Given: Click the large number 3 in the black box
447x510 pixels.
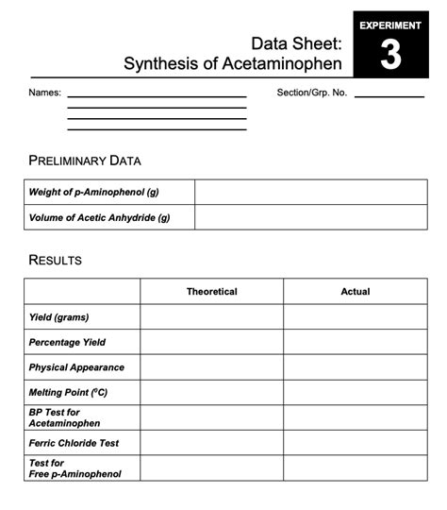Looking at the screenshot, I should pyautogui.click(x=389, y=56).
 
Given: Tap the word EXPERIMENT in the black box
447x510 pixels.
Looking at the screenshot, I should pyautogui.click(x=390, y=25).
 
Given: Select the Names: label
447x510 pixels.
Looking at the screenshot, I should pyautogui.click(x=44, y=93).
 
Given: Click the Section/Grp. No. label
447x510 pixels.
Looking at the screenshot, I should pyautogui.click(x=312, y=93).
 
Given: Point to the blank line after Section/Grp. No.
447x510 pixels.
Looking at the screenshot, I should pyautogui.click(x=389, y=95).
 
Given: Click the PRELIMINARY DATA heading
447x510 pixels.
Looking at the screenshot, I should pyautogui.click(x=85, y=161).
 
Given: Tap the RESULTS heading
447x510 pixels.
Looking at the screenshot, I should pyautogui.click(x=56, y=260).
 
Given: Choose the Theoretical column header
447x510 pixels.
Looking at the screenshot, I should pyautogui.click(x=212, y=292).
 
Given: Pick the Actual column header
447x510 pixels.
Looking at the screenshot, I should pyautogui.click(x=356, y=292).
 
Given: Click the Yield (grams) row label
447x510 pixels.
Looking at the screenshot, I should pyautogui.click(x=58, y=317).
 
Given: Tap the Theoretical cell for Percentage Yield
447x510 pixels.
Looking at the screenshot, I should pyautogui.click(x=212, y=342).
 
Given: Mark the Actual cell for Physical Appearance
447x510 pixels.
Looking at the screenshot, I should pyautogui.click(x=356, y=367).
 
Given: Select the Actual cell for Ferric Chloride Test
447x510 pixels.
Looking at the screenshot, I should pyautogui.click(x=356, y=443).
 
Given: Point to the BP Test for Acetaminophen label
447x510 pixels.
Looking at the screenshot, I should pyautogui.click(x=64, y=417).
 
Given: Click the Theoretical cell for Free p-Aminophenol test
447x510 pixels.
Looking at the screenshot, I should pyautogui.click(x=212, y=468).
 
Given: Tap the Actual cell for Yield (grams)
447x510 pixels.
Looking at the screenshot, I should pyautogui.click(x=356, y=317).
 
